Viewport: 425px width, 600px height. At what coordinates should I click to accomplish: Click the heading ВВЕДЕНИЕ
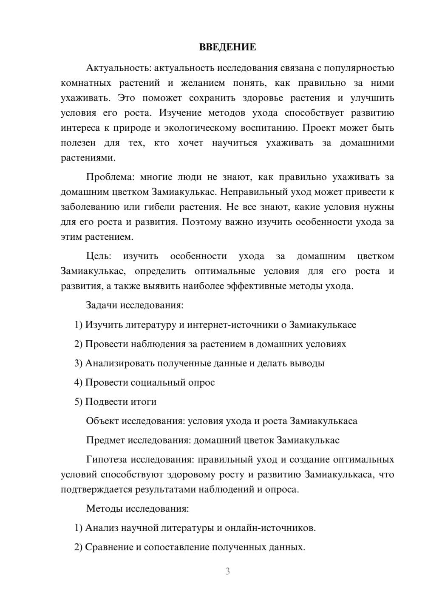click(x=227, y=47)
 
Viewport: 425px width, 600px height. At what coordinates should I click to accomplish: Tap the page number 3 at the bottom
click(x=227, y=571)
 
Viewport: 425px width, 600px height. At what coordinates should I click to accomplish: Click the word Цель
click(x=99, y=256)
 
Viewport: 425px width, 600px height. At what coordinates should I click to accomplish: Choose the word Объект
click(x=102, y=421)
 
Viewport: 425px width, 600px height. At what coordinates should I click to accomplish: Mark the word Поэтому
click(x=201, y=222)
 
